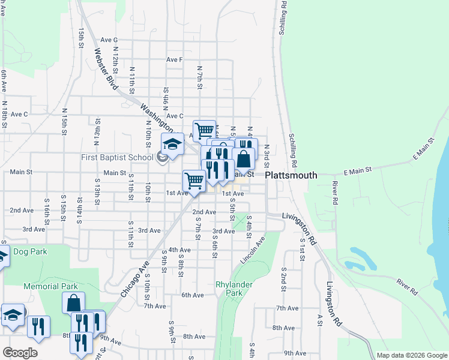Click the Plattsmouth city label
tap(291, 175)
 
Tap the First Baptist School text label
tap(117, 158)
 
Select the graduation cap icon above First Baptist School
tap(172, 144)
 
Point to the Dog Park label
tap(29, 252)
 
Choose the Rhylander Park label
tap(231, 288)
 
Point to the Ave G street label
tap(109, 40)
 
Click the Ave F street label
tap(175, 60)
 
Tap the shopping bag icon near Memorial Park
tap(73, 303)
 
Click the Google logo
tap(20, 353)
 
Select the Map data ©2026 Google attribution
tap(411, 355)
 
